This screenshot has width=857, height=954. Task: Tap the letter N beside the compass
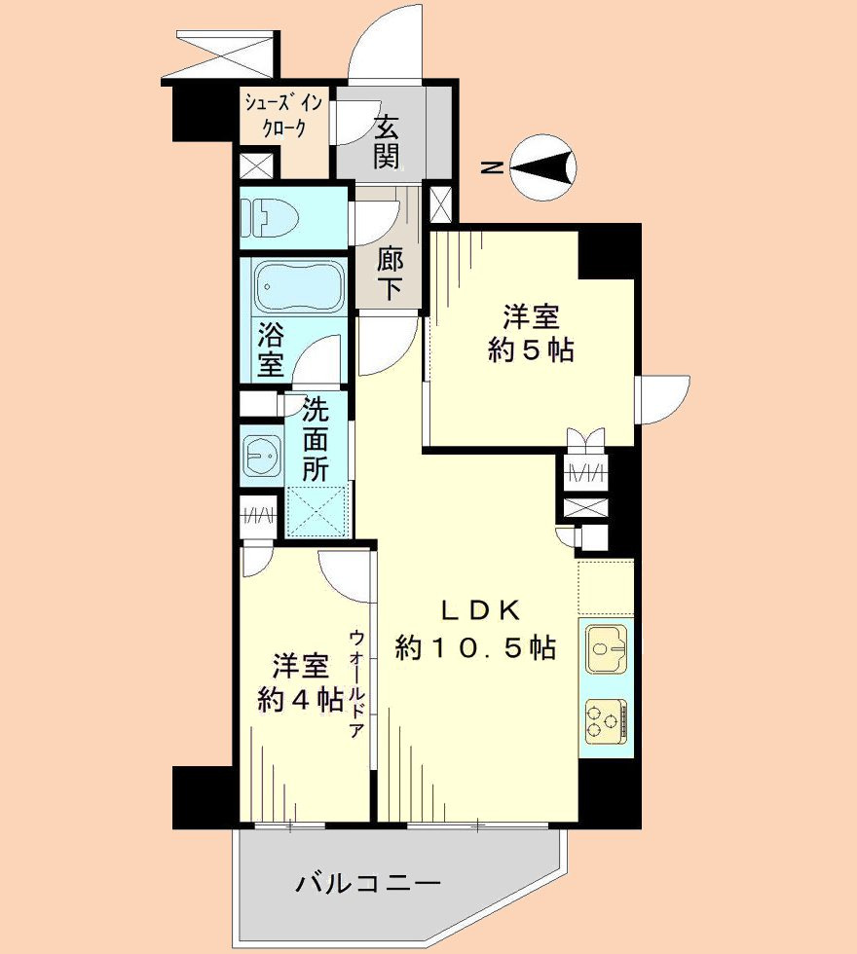pyautogui.click(x=493, y=168)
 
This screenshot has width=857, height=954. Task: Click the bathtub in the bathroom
pyautogui.click(x=289, y=284)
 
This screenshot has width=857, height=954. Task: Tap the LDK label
pyautogui.click(x=483, y=610)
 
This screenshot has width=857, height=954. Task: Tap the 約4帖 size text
pyautogui.click(x=299, y=699)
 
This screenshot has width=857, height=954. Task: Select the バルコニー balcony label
pyautogui.click(x=369, y=884)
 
